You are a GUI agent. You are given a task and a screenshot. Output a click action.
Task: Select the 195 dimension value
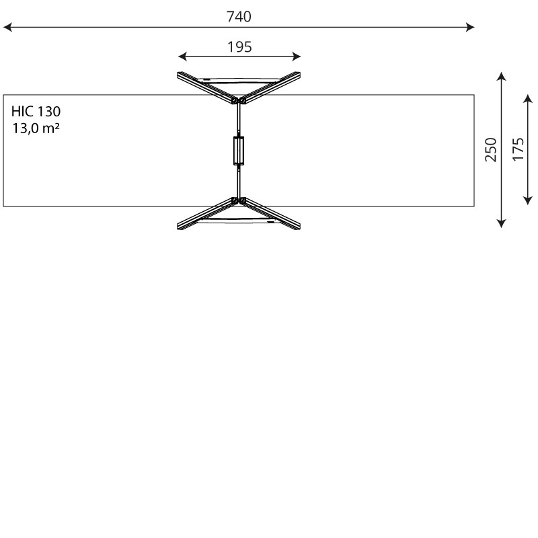click(239, 47)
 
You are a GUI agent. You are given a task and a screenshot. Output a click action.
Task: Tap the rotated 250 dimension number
click(491, 149)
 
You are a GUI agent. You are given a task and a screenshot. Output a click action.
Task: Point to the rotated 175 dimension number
click(518, 149)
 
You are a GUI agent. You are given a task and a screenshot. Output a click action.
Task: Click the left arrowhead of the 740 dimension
click(7, 28)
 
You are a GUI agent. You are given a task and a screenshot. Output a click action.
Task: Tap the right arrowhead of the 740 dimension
click(471, 28)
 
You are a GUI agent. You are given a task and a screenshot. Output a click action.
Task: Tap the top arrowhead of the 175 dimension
click(528, 98)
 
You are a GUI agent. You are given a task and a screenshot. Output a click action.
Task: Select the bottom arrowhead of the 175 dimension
click(528, 200)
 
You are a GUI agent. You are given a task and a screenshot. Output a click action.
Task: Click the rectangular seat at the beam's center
click(239, 150)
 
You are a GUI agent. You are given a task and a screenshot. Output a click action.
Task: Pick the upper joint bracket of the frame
click(239, 101)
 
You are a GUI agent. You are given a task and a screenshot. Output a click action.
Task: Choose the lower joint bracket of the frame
click(239, 200)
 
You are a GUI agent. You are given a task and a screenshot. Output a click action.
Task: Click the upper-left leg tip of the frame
click(180, 75)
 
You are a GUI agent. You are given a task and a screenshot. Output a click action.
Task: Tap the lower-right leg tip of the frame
click(298, 227)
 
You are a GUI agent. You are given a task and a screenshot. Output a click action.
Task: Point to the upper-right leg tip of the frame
click(298, 75)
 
